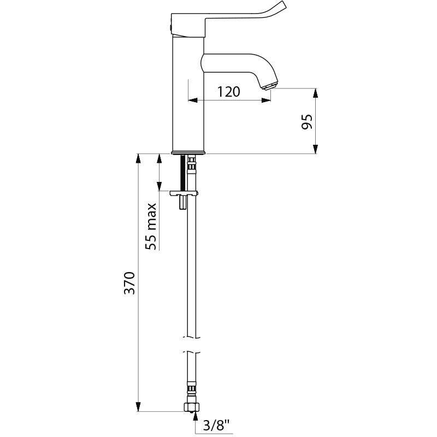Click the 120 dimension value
click(229, 91)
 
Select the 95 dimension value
click(306, 122)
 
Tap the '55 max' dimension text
click(151, 226)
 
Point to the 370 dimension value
click(129, 282)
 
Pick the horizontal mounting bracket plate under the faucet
click(184, 193)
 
